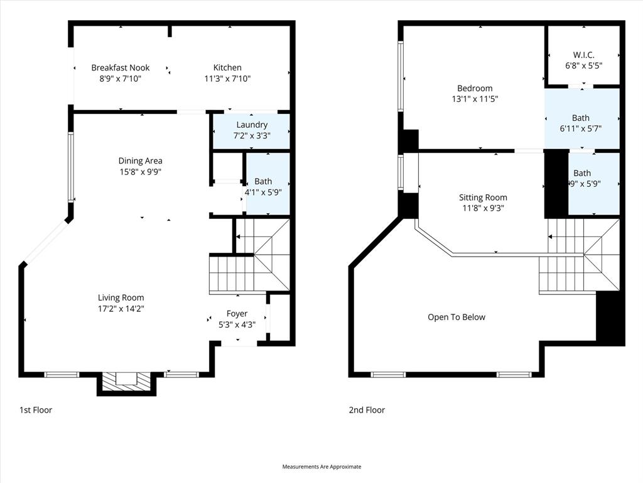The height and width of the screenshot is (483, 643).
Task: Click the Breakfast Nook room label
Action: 121,68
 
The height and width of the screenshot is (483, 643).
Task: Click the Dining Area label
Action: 140,161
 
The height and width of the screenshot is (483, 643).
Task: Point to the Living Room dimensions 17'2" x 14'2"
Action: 121,309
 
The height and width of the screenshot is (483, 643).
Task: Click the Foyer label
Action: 237,314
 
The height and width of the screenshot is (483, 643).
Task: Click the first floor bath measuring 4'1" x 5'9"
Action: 267,186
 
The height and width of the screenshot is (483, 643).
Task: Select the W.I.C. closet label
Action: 583,55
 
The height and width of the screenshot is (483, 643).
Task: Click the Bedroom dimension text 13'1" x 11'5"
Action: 475,99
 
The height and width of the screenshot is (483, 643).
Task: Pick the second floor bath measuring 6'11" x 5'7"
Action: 581,123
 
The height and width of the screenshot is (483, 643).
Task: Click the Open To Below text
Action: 457,317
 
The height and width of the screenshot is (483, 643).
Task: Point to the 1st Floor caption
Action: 36,410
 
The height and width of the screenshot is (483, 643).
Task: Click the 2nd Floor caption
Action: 367,410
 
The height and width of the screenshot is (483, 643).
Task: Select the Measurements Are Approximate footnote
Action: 321,467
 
